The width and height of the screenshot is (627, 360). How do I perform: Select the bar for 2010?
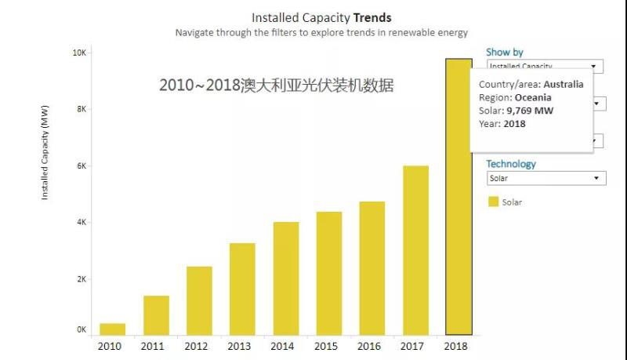(112, 329)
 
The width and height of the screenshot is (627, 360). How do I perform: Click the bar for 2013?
(242, 289)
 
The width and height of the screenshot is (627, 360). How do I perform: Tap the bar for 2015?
(329, 273)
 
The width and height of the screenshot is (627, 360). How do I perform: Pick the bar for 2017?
(415, 250)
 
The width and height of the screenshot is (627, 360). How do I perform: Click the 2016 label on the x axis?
(371, 345)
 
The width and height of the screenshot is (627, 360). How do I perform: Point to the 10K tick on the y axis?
(79, 53)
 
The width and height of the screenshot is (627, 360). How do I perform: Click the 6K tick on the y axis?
(81, 166)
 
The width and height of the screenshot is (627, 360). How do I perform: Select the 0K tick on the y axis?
(81, 330)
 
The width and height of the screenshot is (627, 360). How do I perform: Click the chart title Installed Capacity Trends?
(321, 17)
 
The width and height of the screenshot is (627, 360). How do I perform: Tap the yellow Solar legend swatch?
(493, 202)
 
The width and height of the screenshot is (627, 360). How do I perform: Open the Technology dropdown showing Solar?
(545, 178)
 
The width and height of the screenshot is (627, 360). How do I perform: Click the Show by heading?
(504, 53)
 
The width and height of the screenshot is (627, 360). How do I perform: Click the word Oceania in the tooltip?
(533, 97)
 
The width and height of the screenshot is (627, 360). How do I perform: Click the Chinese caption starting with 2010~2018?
(275, 85)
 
